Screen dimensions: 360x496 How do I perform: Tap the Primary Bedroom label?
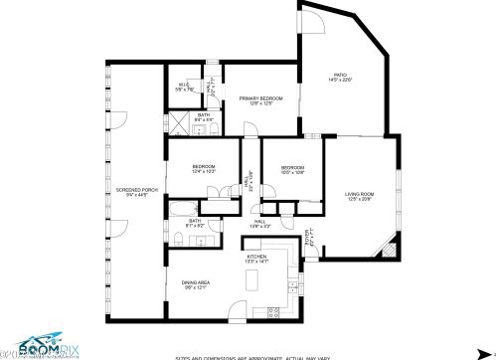(260, 98)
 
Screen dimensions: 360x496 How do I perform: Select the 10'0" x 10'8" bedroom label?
(291, 169)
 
